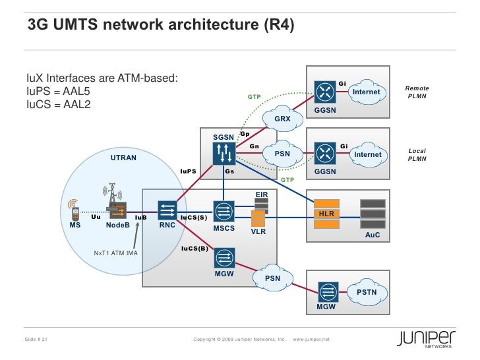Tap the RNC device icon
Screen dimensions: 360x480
pyautogui.click(x=166, y=211)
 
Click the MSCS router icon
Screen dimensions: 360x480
pyautogui.click(x=224, y=211)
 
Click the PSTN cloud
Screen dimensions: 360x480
pyautogui.click(x=367, y=291)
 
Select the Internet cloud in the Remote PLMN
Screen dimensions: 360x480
pyautogui.click(x=366, y=92)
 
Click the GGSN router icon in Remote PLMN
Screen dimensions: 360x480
pyautogui.click(x=325, y=91)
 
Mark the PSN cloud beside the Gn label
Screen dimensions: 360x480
pyautogui.click(x=282, y=154)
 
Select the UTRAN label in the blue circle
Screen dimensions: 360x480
pyautogui.click(x=123, y=158)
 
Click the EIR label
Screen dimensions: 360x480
pyautogui.click(x=261, y=195)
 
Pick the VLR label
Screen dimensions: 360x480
pyautogui.click(x=258, y=232)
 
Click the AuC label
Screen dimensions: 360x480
pyautogui.click(x=373, y=235)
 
